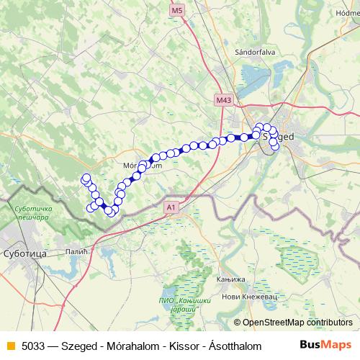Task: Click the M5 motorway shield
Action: [178, 10]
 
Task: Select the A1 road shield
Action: [171, 207]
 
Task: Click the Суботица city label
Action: [25, 254]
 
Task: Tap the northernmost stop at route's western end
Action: [86, 178]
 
